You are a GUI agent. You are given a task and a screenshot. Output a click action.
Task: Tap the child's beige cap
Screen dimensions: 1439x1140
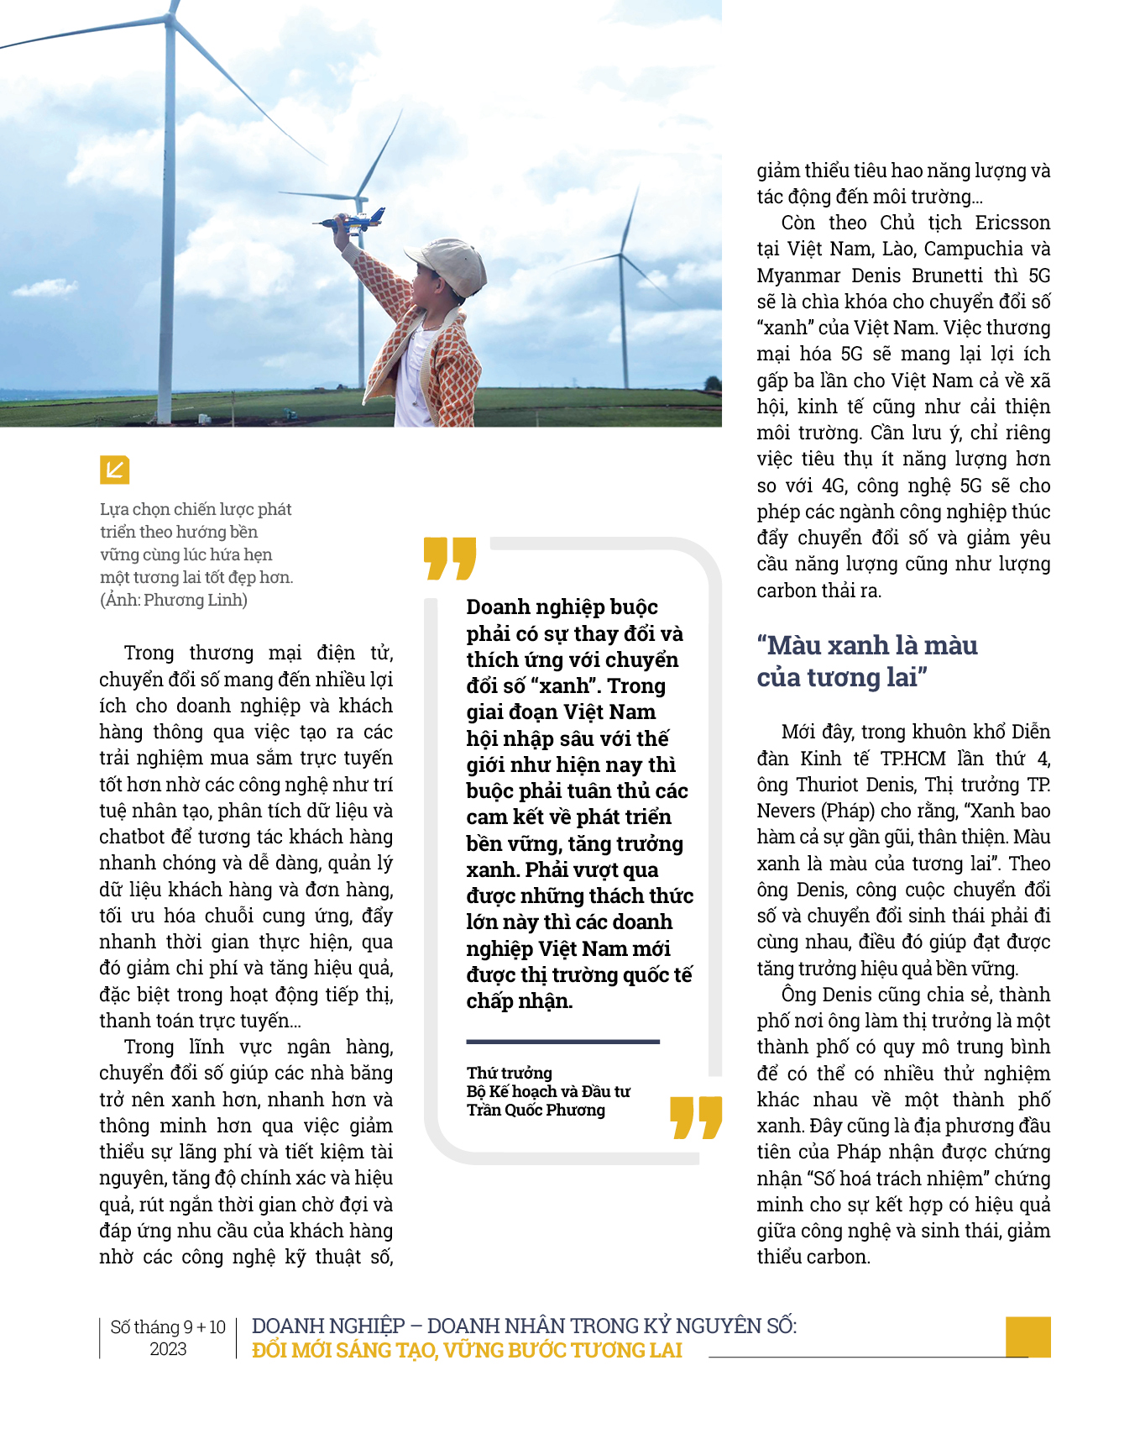[448, 264]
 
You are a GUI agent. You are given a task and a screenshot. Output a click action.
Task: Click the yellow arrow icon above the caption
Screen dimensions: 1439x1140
[114, 470]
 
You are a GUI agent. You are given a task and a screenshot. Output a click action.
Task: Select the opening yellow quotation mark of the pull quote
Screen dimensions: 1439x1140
[450, 559]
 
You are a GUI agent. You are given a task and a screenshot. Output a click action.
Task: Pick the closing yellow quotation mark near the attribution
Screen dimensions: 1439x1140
[696, 1117]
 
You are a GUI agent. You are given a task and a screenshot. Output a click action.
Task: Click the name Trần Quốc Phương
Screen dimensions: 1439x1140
[536, 1111]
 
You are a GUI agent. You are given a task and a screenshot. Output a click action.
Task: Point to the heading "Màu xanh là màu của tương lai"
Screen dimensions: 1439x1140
[867, 661]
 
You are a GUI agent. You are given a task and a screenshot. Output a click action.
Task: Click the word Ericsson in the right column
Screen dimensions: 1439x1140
[1012, 223]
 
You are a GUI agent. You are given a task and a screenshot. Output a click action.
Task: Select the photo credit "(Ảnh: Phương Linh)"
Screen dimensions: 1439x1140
[174, 600]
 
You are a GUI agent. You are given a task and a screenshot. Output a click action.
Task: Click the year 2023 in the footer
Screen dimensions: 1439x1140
[168, 1349]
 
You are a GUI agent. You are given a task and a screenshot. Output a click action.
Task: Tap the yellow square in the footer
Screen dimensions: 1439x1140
[1028, 1337]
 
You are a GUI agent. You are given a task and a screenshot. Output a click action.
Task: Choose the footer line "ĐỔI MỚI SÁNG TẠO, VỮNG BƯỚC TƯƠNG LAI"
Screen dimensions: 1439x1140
[467, 1351]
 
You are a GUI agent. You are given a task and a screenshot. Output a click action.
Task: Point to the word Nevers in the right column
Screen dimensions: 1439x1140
[786, 811]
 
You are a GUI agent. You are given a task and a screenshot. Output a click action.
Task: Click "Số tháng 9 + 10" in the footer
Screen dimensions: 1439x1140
[168, 1327]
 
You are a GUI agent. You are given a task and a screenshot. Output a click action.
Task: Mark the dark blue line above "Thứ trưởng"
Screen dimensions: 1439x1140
[562, 1042]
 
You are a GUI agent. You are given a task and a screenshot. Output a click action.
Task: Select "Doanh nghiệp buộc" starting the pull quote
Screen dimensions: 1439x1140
[562, 607]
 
